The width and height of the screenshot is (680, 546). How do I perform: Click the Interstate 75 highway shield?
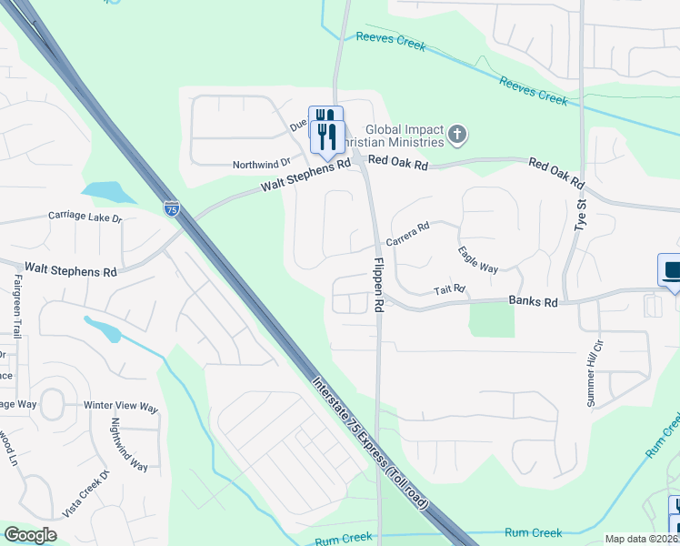click(171, 209)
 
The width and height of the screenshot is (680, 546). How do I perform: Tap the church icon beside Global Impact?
click(456, 136)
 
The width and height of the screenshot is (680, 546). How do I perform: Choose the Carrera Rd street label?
click(406, 234)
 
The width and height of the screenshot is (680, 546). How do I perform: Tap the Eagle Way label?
click(477, 259)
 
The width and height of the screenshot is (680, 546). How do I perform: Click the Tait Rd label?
click(449, 289)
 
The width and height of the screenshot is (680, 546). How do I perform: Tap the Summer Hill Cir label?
click(598, 356)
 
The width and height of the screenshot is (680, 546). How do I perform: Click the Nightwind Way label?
click(129, 444)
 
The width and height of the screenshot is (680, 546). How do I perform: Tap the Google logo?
click(30, 535)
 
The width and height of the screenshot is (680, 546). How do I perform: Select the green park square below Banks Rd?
click(492, 319)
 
